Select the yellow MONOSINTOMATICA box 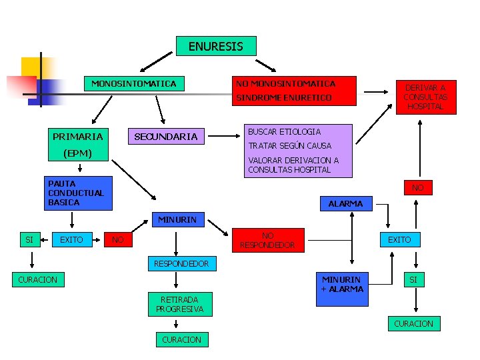pyautogui.click(x=133, y=84)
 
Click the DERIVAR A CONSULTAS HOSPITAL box pyautogui.click(x=425, y=97)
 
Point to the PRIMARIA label pyautogui.click(x=77, y=137)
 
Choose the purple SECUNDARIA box pyautogui.click(x=166, y=137)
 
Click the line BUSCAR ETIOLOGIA pyautogui.click(x=284, y=132)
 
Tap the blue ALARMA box pyautogui.click(x=345, y=203)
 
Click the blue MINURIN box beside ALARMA pyautogui.click(x=177, y=219)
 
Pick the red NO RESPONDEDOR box pyautogui.click(x=267, y=240)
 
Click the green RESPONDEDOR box pyautogui.click(x=181, y=263)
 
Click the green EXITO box pyautogui.click(x=71, y=239)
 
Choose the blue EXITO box pyautogui.click(x=399, y=239)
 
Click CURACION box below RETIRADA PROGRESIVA pyautogui.click(x=181, y=339)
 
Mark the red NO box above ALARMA pyautogui.click(x=417, y=188)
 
